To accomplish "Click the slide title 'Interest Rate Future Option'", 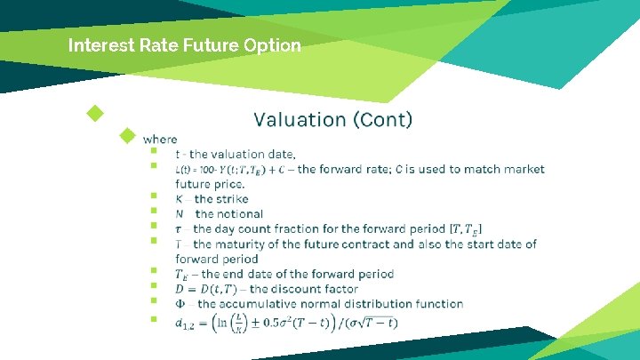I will coord(185,44).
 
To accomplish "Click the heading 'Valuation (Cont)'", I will coord(332,119).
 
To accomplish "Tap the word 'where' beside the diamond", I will coord(160,139).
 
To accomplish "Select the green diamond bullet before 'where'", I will coord(128,136).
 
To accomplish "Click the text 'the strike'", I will coord(221,199).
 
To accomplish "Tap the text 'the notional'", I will coord(228,214).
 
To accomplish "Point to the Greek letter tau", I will coord(180,229).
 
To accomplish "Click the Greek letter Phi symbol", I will coord(180,304).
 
